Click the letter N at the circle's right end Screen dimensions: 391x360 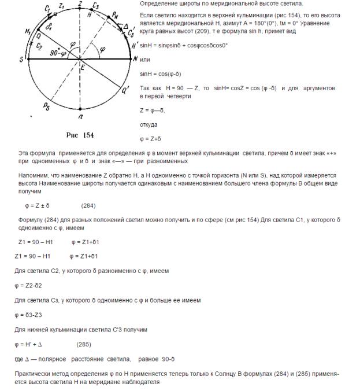[x=135, y=59]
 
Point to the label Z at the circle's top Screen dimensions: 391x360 [x=80, y=3]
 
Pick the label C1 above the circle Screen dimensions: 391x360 [x=47, y=9]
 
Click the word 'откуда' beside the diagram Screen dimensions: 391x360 [x=150, y=124]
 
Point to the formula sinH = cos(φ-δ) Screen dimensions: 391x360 [x=161, y=73]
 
